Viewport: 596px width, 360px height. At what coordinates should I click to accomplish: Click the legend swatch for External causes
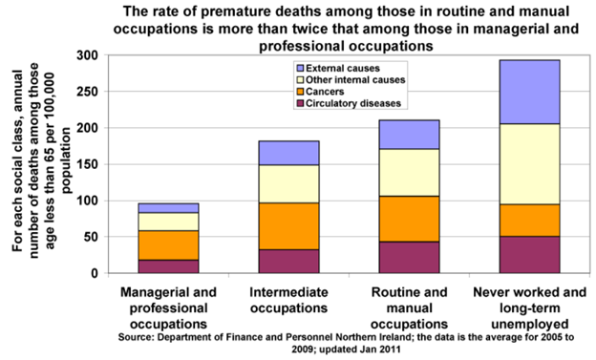point(300,68)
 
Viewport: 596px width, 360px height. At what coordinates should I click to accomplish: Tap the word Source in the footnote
point(142,338)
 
